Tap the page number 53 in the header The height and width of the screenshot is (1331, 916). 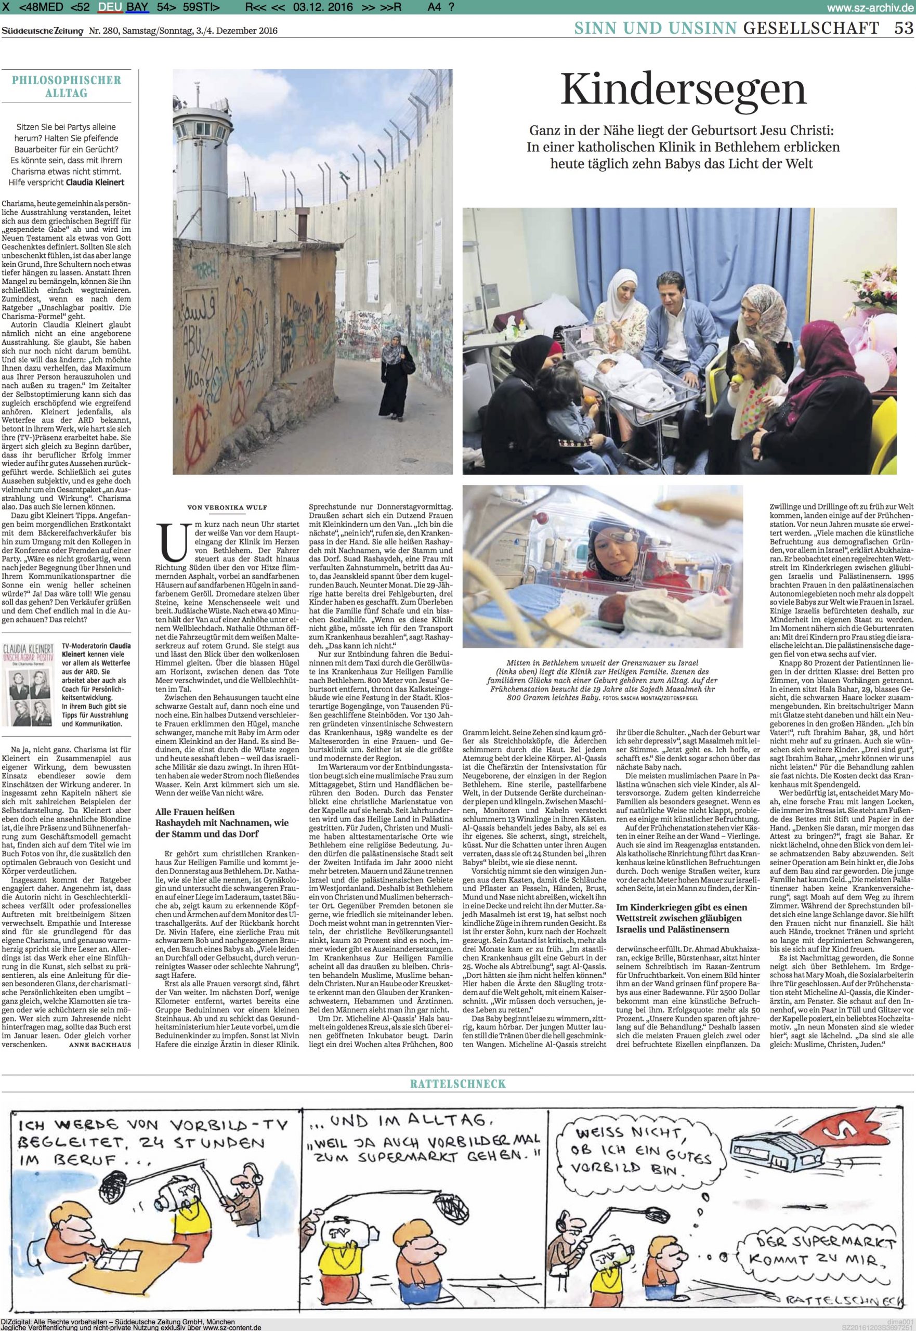pos(903,27)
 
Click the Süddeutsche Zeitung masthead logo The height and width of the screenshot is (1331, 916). pos(43,31)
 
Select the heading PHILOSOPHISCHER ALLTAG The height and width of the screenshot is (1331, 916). pos(67,86)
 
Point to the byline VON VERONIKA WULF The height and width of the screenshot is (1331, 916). pos(228,507)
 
